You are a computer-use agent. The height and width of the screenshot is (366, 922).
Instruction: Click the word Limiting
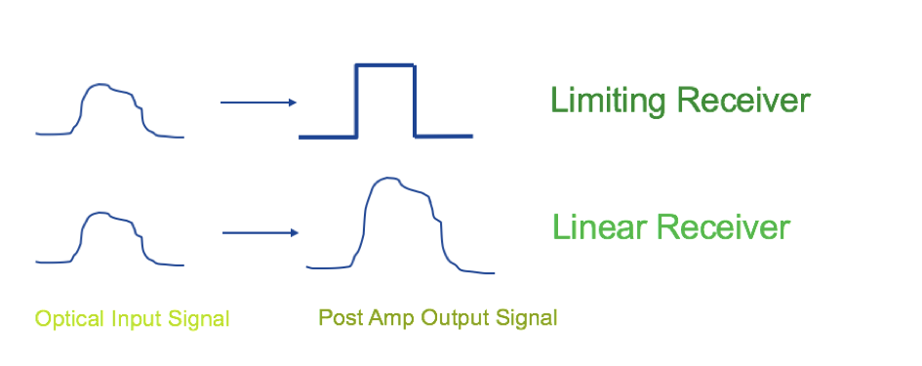click(608, 101)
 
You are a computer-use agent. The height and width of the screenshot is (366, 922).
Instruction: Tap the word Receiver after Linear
click(723, 227)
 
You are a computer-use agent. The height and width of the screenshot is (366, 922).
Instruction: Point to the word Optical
click(69, 319)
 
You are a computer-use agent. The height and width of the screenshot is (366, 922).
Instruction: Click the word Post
click(341, 318)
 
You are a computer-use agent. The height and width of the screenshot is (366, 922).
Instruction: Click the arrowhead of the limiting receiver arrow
click(293, 102)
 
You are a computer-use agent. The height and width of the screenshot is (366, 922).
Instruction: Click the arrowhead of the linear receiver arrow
click(295, 233)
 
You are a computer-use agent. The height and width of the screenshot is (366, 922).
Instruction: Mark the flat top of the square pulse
click(385, 64)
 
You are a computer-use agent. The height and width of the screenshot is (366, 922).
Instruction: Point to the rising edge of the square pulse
click(356, 101)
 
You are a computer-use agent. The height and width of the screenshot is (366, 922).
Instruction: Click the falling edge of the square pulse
click(415, 101)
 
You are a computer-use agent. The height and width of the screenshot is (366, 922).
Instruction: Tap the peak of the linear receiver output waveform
click(386, 177)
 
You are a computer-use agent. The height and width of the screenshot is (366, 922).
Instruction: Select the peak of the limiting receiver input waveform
click(101, 85)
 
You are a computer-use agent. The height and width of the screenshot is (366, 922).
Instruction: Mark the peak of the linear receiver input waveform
click(101, 213)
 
